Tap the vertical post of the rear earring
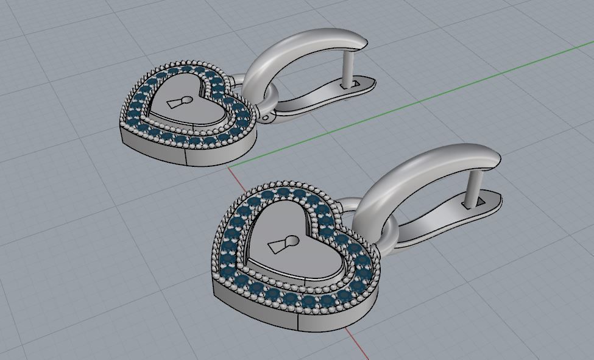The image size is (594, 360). click(x=349, y=69)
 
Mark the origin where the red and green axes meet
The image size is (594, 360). click(x=228, y=165)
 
